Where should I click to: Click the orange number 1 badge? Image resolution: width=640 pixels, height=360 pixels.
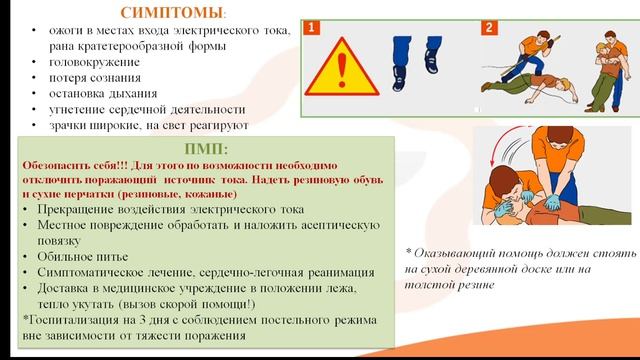click(x=313, y=29)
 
